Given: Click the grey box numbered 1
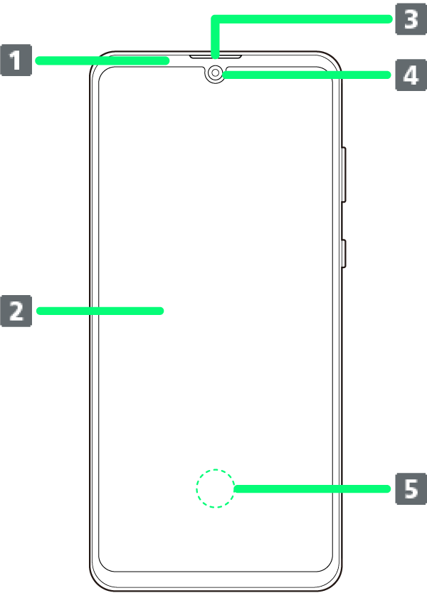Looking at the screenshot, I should point(16,60).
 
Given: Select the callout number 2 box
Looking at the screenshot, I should point(16,311).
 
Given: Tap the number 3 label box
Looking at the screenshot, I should point(411,19).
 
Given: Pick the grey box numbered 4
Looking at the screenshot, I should point(411,74).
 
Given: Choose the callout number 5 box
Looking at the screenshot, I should point(411,488).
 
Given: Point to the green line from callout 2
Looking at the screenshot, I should point(100,311).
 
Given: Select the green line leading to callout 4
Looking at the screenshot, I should point(306,74).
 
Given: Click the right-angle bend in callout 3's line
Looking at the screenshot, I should point(216,20).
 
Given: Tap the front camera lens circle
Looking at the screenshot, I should point(215,72).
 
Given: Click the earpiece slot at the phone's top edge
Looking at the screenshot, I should point(215,55).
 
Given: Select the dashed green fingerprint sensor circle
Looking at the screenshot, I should point(215,488).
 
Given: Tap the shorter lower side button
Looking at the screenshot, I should point(343,254).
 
